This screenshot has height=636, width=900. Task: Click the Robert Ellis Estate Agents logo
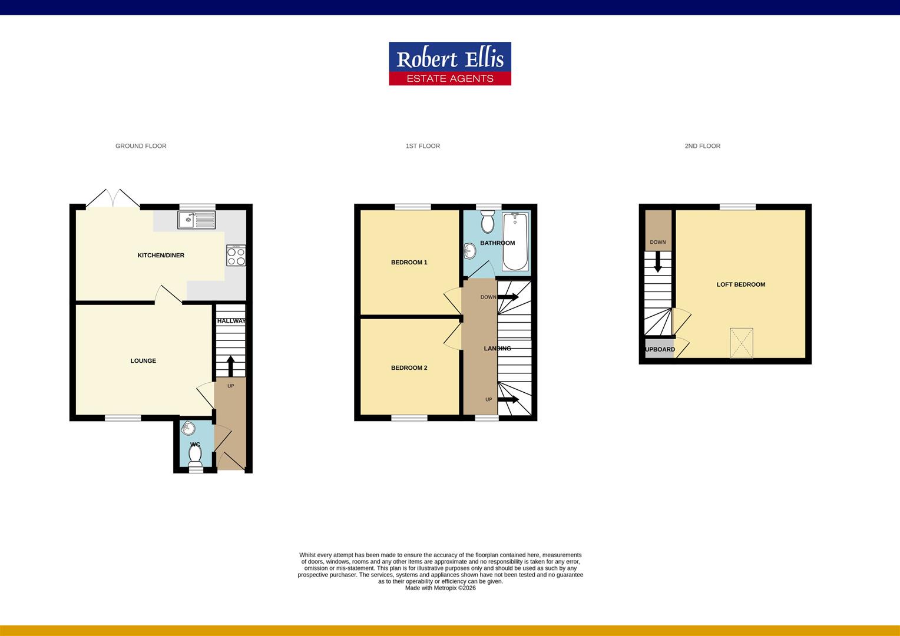pos(450,64)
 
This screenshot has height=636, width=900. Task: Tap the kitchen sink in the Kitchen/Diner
pos(196,220)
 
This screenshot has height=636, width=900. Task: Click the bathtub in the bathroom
pos(515,242)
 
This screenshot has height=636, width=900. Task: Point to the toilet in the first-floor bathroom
pos(488,222)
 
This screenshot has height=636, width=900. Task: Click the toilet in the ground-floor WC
pos(195,455)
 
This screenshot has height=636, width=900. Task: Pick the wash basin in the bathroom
pos(470,251)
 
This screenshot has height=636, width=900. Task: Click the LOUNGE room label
pos(143,361)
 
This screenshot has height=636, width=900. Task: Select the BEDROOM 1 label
pos(409,263)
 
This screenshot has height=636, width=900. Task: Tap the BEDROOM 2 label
pos(409,368)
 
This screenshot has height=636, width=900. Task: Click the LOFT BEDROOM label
pos(740,284)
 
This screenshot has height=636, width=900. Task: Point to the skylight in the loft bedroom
pos(742,343)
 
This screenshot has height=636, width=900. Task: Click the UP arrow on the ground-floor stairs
pos(230,366)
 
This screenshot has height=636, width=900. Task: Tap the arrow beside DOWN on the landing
pos(508,297)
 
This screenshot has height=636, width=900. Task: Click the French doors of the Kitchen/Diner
pos(113,198)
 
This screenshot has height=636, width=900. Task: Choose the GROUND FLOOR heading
pos(141,146)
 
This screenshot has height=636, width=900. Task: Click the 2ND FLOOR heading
pos(702,146)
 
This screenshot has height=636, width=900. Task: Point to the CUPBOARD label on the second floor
pos(660,349)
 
